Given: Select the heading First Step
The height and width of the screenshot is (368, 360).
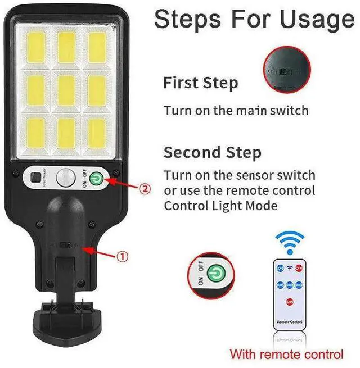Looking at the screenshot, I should (x=200, y=83).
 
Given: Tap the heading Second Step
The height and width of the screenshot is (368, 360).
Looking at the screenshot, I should (x=212, y=152).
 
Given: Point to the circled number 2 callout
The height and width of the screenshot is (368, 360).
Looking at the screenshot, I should (x=146, y=189).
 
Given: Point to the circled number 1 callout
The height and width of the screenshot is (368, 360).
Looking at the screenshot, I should (x=122, y=257).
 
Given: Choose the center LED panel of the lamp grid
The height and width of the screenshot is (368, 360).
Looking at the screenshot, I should (x=66, y=90).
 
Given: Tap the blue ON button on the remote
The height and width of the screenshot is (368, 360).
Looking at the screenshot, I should (x=280, y=269).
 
